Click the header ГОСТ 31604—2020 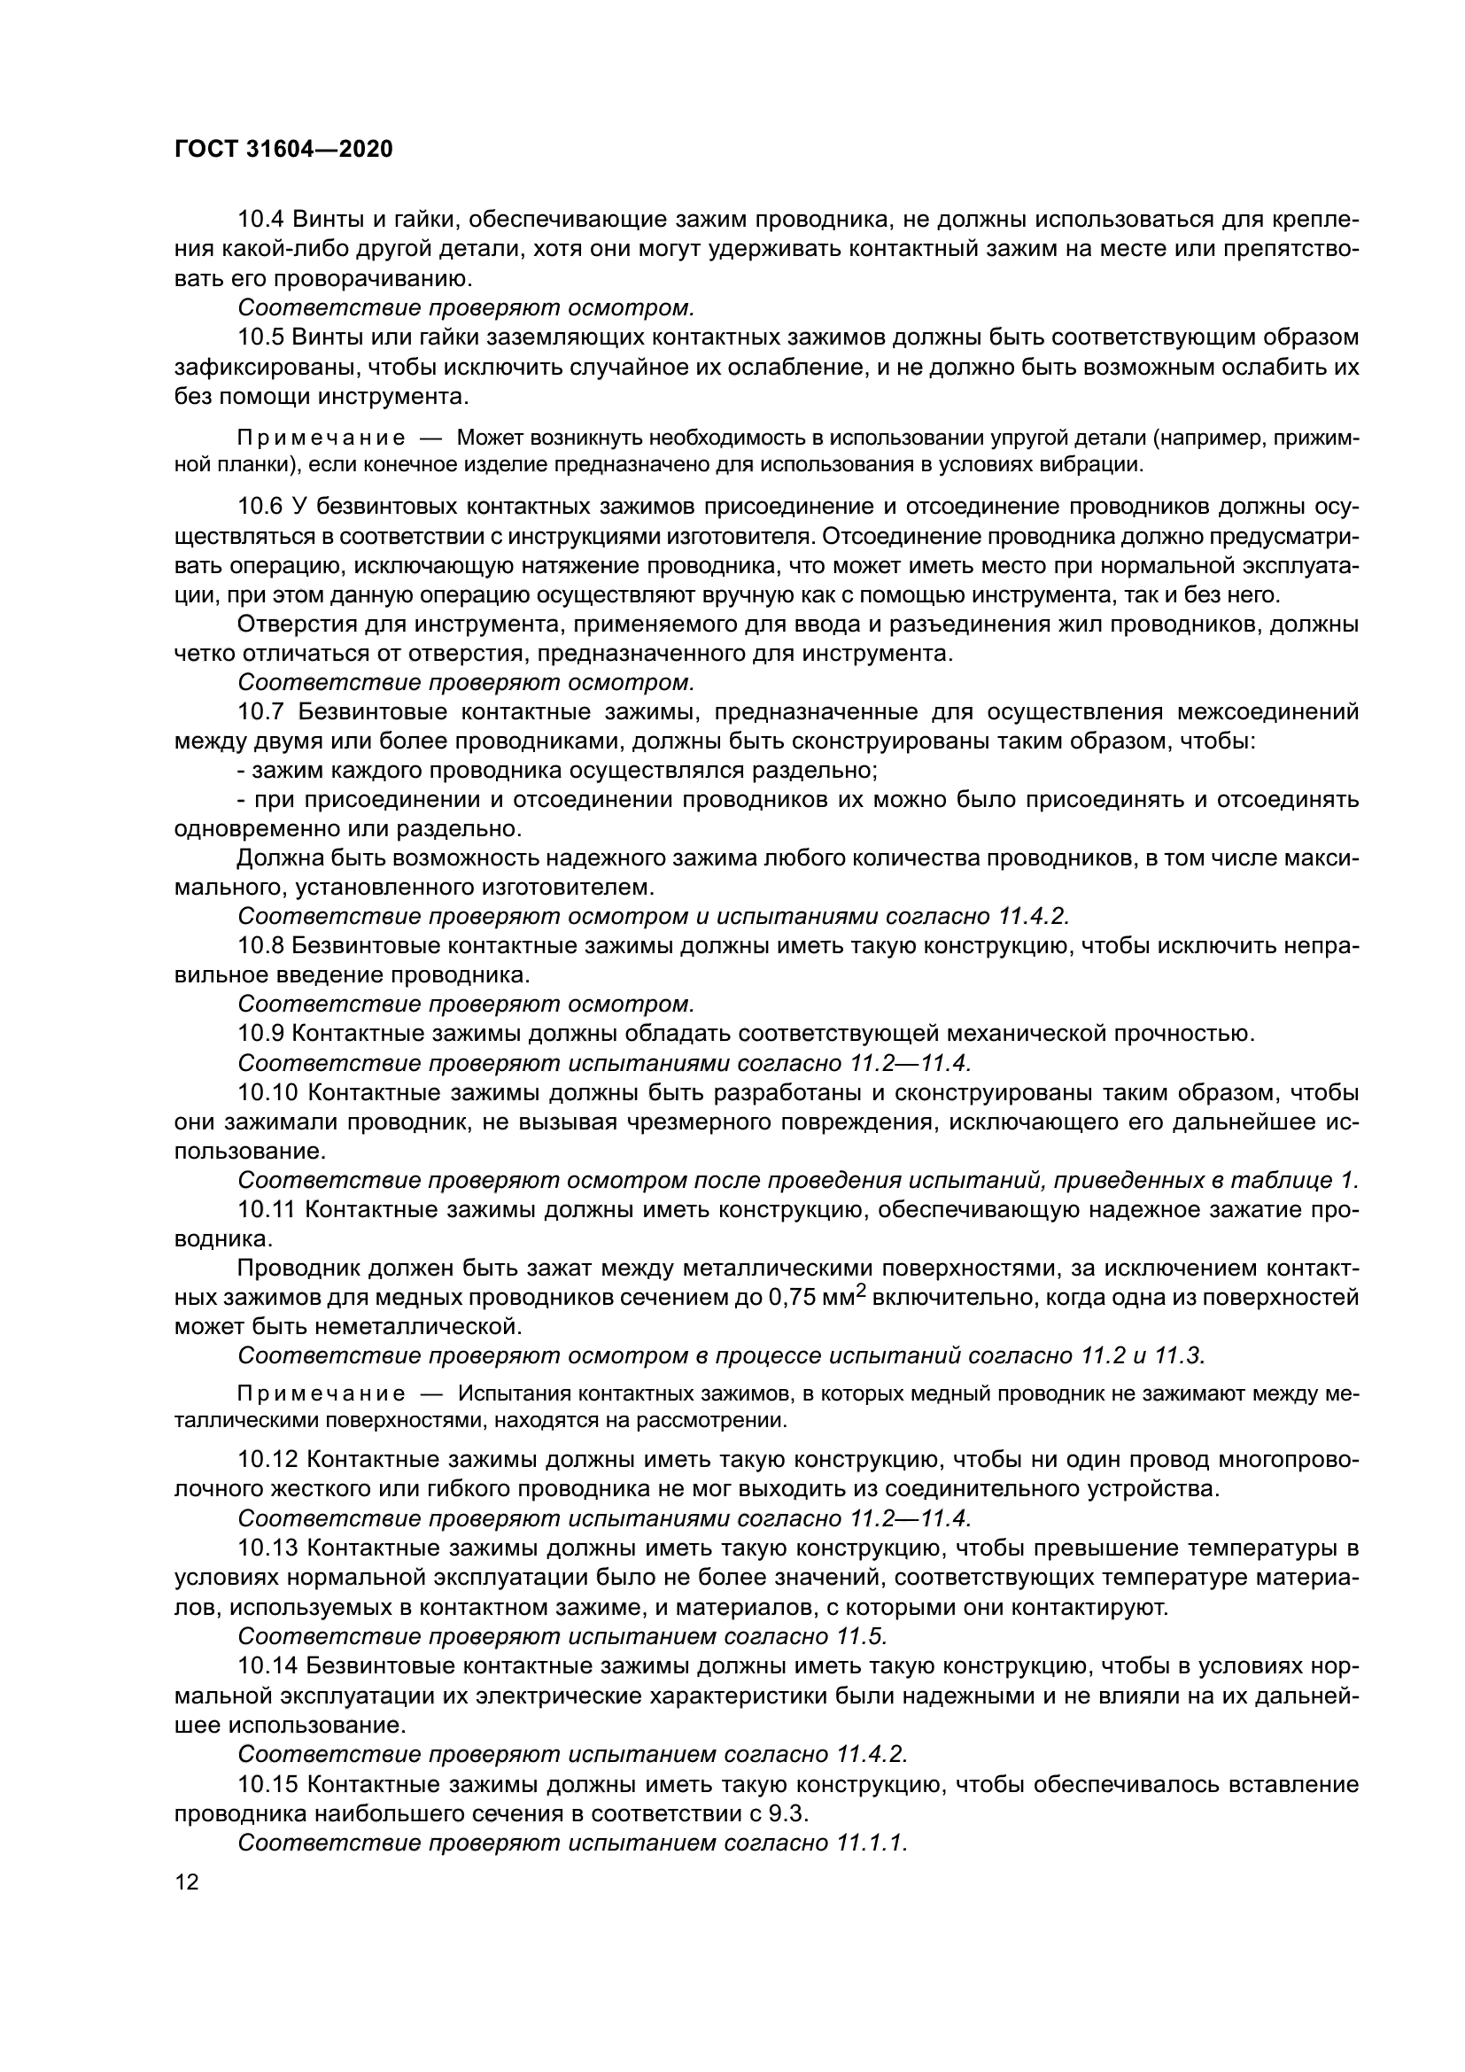[283, 150]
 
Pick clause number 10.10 [267, 1092]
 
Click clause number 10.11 [266, 1209]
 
